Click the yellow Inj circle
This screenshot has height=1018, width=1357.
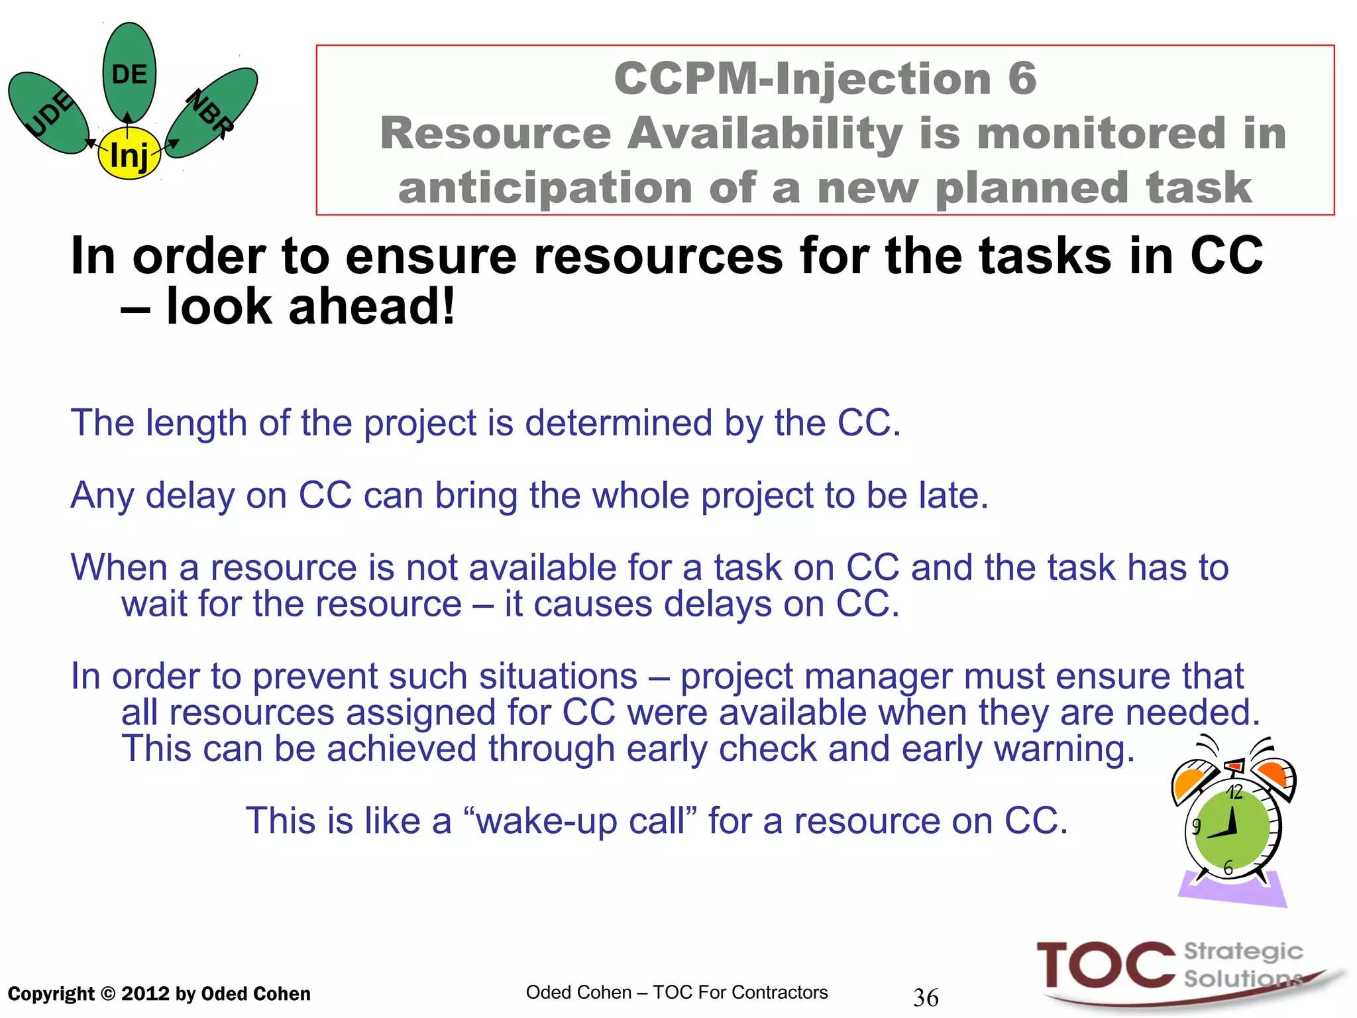click(x=129, y=156)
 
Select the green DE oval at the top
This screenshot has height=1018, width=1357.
click(x=129, y=73)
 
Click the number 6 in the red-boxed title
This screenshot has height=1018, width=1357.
click(x=1022, y=78)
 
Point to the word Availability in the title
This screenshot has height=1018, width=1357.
click(x=766, y=133)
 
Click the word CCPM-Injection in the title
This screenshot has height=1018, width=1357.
click(x=801, y=78)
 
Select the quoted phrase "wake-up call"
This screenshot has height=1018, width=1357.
click(x=581, y=820)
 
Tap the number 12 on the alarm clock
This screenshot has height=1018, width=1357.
click(x=1234, y=792)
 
